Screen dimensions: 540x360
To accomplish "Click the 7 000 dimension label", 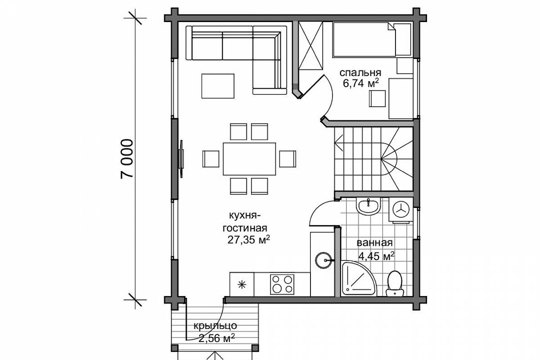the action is click(127, 159).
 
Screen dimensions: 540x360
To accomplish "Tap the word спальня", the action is click(360, 72).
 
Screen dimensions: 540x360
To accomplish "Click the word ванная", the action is click(374, 243).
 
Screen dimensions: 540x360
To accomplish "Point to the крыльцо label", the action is click(215, 326).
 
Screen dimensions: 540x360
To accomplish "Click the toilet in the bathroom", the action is click(395, 283).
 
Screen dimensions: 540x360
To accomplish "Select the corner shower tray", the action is click(359, 279).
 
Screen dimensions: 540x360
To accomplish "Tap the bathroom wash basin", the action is click(369, 207).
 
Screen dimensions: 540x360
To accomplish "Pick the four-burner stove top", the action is click(282, 284).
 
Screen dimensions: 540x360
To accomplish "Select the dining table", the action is click(249, 159).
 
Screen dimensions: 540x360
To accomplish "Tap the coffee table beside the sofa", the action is click(218, 86).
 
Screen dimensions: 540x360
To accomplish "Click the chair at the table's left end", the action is click(211, 159).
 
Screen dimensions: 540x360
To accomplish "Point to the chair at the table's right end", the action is click(288, 159).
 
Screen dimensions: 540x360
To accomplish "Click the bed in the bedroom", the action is click(372, 40).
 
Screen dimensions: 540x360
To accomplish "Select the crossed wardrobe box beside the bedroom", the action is click(310, 46).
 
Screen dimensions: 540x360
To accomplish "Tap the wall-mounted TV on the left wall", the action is click(181, 159).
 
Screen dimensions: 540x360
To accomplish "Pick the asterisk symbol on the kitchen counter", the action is click(242, 285).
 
